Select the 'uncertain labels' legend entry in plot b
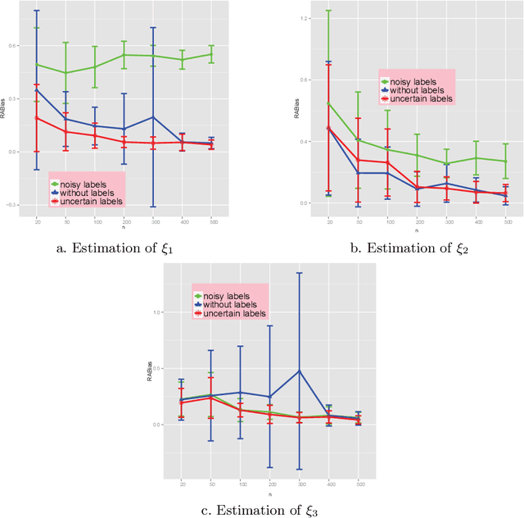[416, 98]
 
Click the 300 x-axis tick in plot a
[153, 222]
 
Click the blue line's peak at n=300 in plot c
[300, 370]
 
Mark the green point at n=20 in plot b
[327, 103]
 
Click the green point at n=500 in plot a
[211, 55]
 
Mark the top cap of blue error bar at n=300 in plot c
[300, 273]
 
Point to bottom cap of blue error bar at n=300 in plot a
[153, 207]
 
